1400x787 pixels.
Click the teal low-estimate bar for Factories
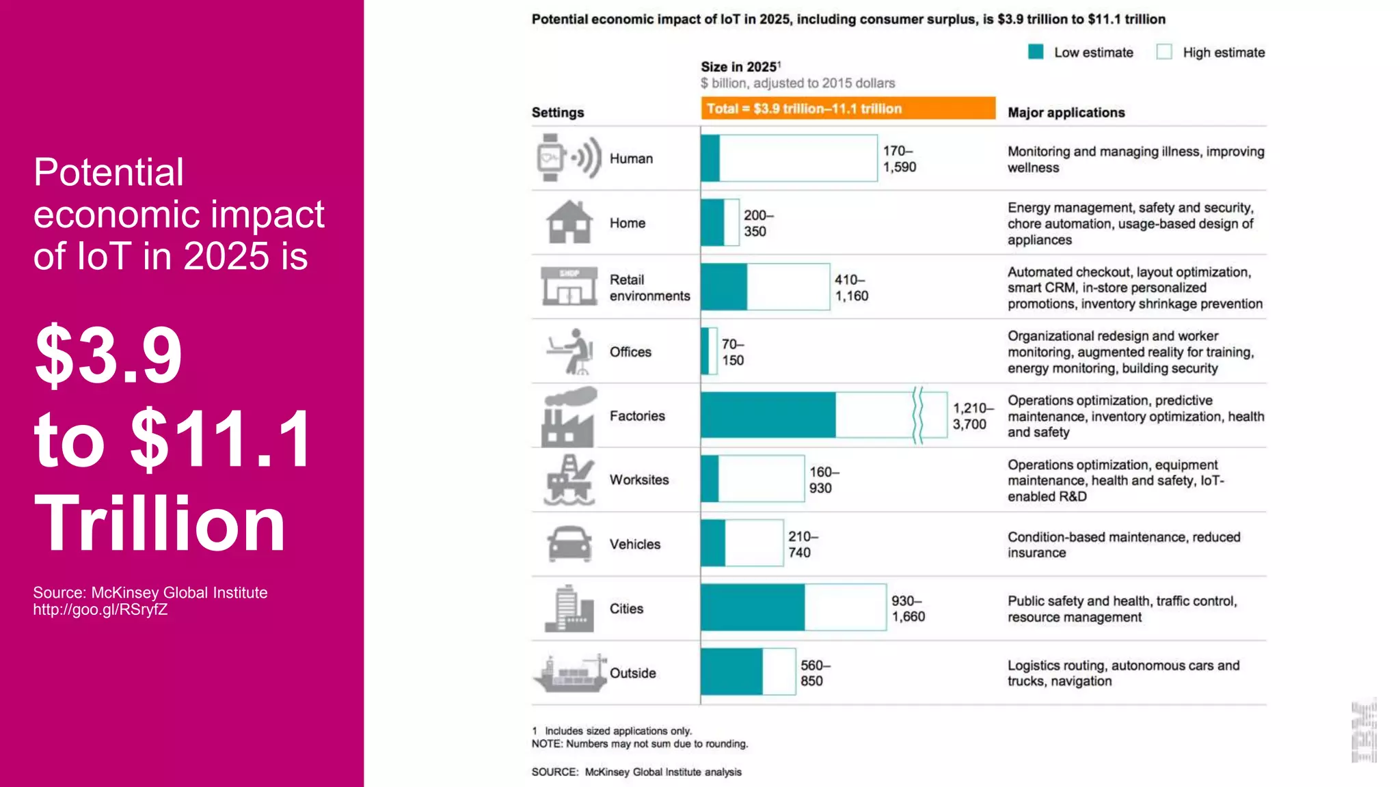[768, 415]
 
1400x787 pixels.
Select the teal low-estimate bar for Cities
[752, 607]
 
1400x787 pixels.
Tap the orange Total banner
[848, 109]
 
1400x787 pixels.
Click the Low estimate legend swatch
[1036, 52]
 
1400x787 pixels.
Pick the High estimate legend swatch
[1164, 52]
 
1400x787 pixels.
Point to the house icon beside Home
[569, 222]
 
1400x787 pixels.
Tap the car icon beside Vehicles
[569, 544]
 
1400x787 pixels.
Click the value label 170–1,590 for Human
[899, 158]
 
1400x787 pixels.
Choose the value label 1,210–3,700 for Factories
[971, 416]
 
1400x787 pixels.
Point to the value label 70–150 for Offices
[733, 352]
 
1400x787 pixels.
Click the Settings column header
[558, 113]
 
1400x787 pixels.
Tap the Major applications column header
[1066, 113]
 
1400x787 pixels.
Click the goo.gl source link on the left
[100, 610]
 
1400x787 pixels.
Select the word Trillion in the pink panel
[160, 523]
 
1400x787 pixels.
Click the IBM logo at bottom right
[1364, 731]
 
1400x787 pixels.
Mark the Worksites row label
[639, 480]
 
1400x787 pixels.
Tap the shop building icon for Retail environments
[569, 286]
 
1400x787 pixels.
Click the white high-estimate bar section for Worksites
[761, 479]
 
